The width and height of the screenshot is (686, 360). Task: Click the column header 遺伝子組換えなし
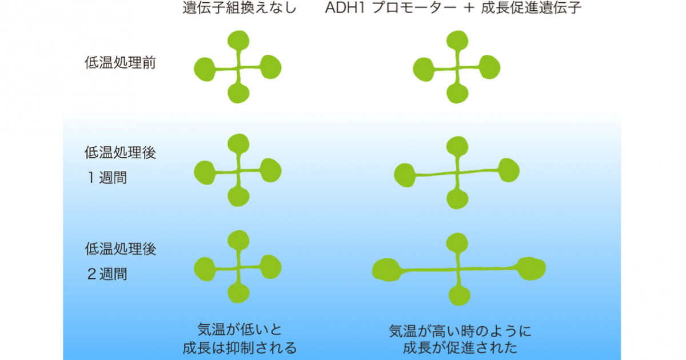(240, 7)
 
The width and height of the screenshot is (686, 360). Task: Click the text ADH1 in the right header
(345, 8)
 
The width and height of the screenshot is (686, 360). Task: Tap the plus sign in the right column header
(469, 8)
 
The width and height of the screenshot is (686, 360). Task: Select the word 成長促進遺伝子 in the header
(531, 7)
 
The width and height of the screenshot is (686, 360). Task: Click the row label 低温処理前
(121, 63)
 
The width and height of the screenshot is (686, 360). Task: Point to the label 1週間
(107, 178)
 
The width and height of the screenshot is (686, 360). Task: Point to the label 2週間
(107, 274)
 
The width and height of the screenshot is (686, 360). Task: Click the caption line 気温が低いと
(239, 330)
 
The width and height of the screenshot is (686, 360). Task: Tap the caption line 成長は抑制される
(240, 348)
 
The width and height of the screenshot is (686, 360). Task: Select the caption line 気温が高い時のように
(460, 331)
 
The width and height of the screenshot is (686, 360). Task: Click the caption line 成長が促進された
(460, 348)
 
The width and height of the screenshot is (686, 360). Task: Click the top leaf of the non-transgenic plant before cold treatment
(238, 41)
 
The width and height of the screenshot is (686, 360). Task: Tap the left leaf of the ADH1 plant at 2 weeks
(387, 270)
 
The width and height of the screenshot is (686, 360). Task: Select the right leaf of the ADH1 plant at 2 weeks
(531, 269)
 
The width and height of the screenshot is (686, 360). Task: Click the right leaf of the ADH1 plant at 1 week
(509, 170)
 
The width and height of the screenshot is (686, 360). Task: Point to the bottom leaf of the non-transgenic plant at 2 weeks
(238, 293)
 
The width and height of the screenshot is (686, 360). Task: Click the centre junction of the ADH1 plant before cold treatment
(457, 68)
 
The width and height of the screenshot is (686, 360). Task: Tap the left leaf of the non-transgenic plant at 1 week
(205, 173)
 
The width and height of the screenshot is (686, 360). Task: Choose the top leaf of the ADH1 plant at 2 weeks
(457, 243)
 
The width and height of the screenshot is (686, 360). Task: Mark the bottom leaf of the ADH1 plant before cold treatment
(457, 93)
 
